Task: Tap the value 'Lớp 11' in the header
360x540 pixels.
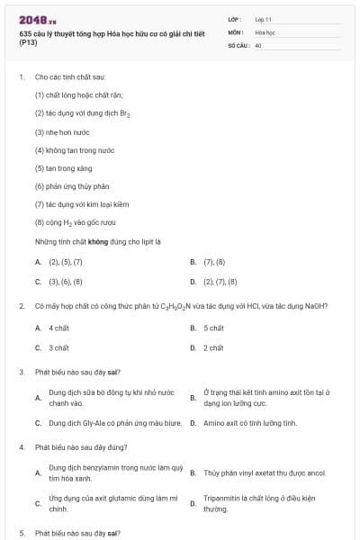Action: click(x=264, y=19)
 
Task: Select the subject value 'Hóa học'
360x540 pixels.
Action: click(x=265, y=31)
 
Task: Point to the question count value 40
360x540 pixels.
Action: click(x=258, y=44)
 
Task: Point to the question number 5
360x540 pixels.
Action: click(x=22, y=533)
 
